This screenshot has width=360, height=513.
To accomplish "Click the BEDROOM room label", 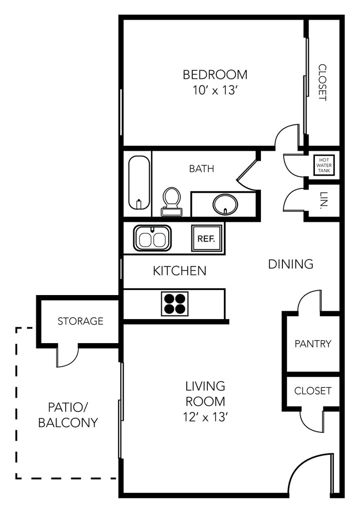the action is point(215,75).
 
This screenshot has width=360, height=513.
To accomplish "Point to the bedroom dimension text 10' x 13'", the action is point(214,90).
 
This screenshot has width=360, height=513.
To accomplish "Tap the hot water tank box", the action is point(324,165).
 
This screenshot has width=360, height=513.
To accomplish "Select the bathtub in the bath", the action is point(139,182).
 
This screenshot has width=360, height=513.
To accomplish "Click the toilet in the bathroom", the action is point(172,201).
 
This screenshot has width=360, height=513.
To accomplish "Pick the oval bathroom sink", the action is point(225,204).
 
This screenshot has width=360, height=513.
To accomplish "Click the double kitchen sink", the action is point(152,238).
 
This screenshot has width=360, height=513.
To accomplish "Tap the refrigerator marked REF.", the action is point(207,238).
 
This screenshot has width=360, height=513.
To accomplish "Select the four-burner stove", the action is point(175,304).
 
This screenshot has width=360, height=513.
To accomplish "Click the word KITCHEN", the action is point(180,271).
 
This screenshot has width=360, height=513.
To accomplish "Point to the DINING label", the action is point(291,264).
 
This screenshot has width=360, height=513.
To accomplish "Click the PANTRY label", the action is point(313,344).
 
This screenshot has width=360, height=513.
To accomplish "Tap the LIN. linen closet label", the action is point(324,200).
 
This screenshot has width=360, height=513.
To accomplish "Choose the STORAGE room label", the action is point(81,321).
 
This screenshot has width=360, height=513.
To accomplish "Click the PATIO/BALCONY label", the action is point(68,415).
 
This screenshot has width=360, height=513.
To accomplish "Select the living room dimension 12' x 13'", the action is point(205,417).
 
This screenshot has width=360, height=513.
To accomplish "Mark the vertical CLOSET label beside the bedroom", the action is point(322,83).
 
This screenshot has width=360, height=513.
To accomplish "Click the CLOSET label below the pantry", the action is point(313,391).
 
